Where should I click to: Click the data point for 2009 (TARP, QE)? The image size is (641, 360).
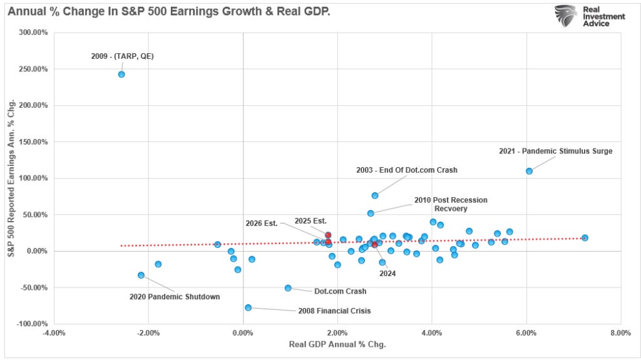pos(121,75)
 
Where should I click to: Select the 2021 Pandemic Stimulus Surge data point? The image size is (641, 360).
pos(529,171)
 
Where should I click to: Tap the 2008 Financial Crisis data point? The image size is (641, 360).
pos(248,307)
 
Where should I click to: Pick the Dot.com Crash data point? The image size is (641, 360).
pos(288,288)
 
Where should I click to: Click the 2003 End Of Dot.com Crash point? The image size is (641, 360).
pos(375,195)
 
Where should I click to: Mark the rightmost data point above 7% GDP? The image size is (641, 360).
pos(585,238)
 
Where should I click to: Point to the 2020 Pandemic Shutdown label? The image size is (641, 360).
pos(175,297)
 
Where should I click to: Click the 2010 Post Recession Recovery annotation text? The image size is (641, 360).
pos(450,204)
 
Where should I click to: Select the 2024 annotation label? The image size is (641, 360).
pos(387,273)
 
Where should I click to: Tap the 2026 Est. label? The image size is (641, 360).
pos(262,223)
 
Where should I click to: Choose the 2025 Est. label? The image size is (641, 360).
pos(310,220)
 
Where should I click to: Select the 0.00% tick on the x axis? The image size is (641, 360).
pos(243,333)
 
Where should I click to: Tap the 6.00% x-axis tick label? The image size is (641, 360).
pos(526,333)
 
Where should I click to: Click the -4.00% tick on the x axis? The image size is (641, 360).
pos(54,333)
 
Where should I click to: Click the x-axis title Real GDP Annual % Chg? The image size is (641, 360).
pos(337,345)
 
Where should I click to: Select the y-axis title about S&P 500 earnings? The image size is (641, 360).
pos(11,178)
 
